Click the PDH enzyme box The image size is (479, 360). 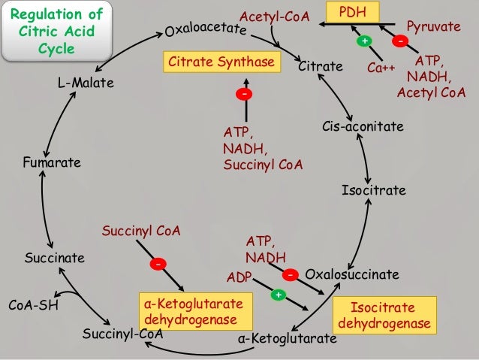click(353, 12)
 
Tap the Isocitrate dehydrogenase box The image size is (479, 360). click(384, 316)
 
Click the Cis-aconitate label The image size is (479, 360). click(363, 127)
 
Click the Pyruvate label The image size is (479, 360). click(433, 26)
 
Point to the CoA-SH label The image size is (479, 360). click(33, 306)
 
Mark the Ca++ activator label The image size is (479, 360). click(381, 68)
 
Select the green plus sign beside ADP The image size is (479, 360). click(277, 294)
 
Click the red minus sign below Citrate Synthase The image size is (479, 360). click(244, 94)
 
